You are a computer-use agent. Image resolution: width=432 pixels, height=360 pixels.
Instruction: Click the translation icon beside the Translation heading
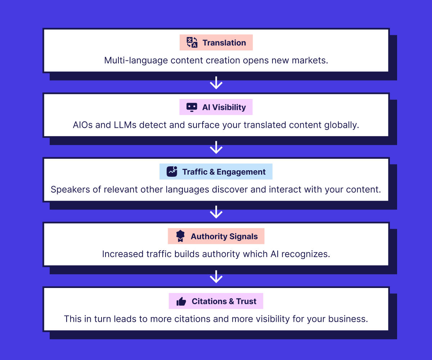pyautogui.click(x=192, y=42)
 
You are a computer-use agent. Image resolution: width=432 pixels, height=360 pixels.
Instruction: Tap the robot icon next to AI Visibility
pyautogui.click(x=192, y=107)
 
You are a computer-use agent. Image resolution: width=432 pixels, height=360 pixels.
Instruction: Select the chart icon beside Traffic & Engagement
pyautogui.click(x=172, y=171)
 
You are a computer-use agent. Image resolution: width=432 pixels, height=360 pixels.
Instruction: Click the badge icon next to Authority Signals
pyautogui.click(x=180, y=236)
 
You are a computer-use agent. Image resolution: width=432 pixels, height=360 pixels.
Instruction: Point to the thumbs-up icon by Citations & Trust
pyautogui.click(x=181, y=301)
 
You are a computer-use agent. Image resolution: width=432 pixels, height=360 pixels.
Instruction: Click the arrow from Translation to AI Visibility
pyautogui.click(x=216, y=83)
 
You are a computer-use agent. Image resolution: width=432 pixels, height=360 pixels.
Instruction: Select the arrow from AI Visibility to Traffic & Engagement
pyautogui.click(x=216, y=148)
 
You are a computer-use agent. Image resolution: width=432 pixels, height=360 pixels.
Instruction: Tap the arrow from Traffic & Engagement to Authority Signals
pyautogui.click(x=216, y=212)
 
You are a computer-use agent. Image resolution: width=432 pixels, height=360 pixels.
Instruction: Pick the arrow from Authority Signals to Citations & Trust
pyautogui.click(x=216, y=276)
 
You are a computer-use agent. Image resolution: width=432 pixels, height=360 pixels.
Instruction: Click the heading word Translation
pyautogui.click(x=224, y=43)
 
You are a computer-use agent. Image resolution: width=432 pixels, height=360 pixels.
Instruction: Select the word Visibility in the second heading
pyautogui.click(x=229, y=108)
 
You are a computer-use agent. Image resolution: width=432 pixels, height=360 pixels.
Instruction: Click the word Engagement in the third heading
pyautogui.click(x=241, y=172)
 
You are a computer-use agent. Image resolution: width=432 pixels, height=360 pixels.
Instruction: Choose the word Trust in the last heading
pyautogui.click(x=246, y=301)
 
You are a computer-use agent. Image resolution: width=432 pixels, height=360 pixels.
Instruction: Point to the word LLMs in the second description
pyautogui.click(x=125, y=125)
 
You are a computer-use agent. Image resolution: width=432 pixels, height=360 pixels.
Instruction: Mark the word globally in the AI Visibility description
pyautogui.click(x=342, y=125)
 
